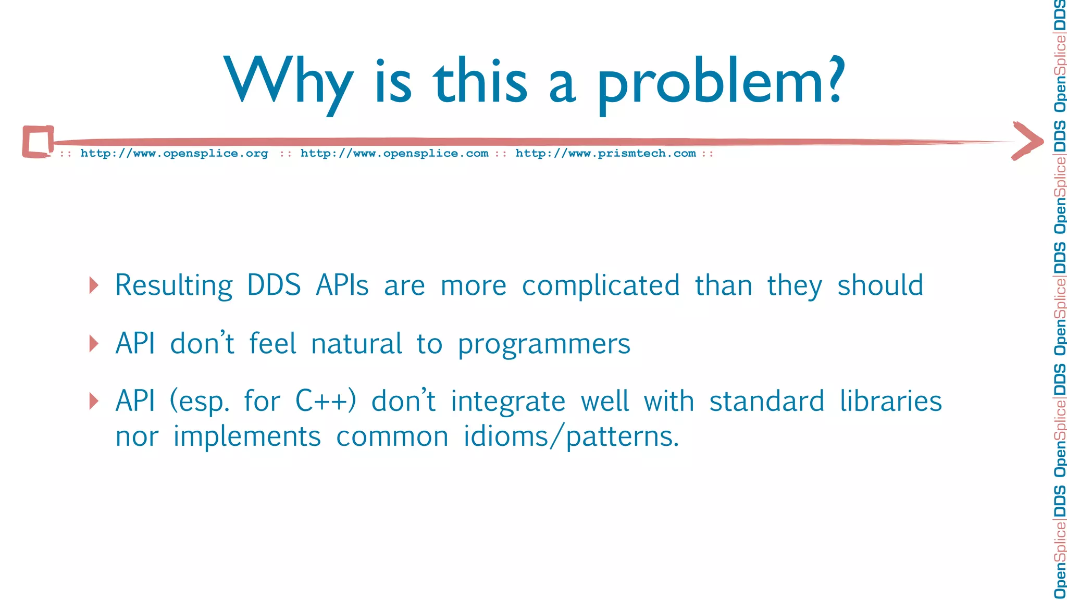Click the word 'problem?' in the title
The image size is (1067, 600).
[720, 83]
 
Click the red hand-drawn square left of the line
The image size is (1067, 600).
[38, 141]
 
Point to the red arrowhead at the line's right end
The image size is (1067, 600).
[1027, 141]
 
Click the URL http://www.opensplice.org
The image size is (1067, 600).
[174, 153]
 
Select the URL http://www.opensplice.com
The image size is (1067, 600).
[394, 153]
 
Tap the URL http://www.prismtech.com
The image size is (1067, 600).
[605, 153]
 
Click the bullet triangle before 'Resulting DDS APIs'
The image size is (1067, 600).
[94, 285]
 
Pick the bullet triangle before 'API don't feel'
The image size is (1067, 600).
[94, 344]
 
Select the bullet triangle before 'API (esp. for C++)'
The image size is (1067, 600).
[94, 401]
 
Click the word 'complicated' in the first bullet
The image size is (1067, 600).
[601, 286]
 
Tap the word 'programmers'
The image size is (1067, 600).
[544, 344]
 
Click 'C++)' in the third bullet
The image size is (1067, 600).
[326, 402]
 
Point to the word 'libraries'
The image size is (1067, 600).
[890, 402]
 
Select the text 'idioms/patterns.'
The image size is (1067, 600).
[572, 436]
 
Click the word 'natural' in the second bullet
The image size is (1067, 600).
[356, 344]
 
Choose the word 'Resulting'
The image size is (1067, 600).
[173, 286]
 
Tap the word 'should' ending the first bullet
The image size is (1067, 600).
[880, 286]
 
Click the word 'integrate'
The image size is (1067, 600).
[508, 402]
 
